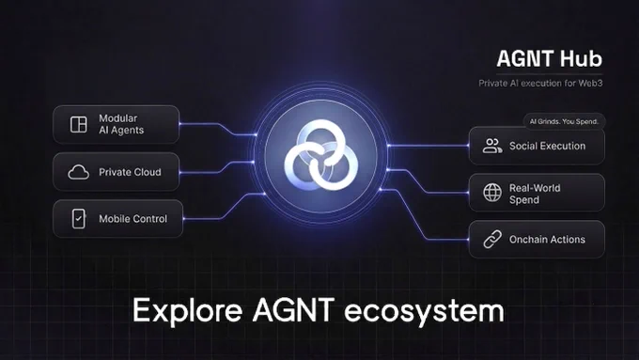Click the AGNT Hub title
tap(549, 58)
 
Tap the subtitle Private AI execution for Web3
tap(540, 83)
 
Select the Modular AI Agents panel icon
tap(79, 124)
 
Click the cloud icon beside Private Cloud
tap(79, 172)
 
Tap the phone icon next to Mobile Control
tap(79, 219)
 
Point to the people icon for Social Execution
tap(492, 146)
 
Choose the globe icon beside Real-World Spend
tap(492, 193)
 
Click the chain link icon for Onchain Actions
tap(492, 240)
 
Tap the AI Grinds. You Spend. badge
tap(565, 121)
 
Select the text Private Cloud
tap(130, 172)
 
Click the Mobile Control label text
tap(132, 219)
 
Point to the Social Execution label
tap(547, 146)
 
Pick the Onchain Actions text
tap(547, 240)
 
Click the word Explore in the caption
tap(187, 311)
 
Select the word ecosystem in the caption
tap(424, 312)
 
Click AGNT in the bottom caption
tap(294, 310)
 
